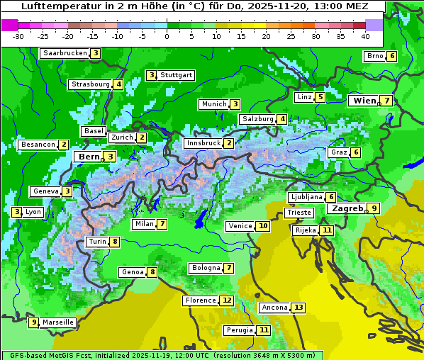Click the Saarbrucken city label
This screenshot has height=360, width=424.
(x=65, y=53)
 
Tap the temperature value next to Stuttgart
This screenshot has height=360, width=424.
(x=151, y=75)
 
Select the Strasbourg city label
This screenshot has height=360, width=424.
(x=90, y=84)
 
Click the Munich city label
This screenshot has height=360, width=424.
(x=213, y=104)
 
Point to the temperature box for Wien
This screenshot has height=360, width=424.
(x=386, y=101)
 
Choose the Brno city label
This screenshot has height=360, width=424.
(x=374, y=56)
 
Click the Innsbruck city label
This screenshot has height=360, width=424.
(x=203, y=143)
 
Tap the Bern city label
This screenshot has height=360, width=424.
(x=89, y=157)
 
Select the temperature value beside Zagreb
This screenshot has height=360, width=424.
(x=374, y=208)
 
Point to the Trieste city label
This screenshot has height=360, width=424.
(x=299, y=213)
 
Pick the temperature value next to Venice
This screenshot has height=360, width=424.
(x=263, y=226)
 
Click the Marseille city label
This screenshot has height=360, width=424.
(x=57, y=322)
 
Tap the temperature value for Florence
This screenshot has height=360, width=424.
(x=226, y=300)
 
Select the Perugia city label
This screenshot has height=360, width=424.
(x=238, y=330)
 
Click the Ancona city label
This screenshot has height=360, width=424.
(x=274, y=308)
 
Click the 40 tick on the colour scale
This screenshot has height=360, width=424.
(x=365, y=35)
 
